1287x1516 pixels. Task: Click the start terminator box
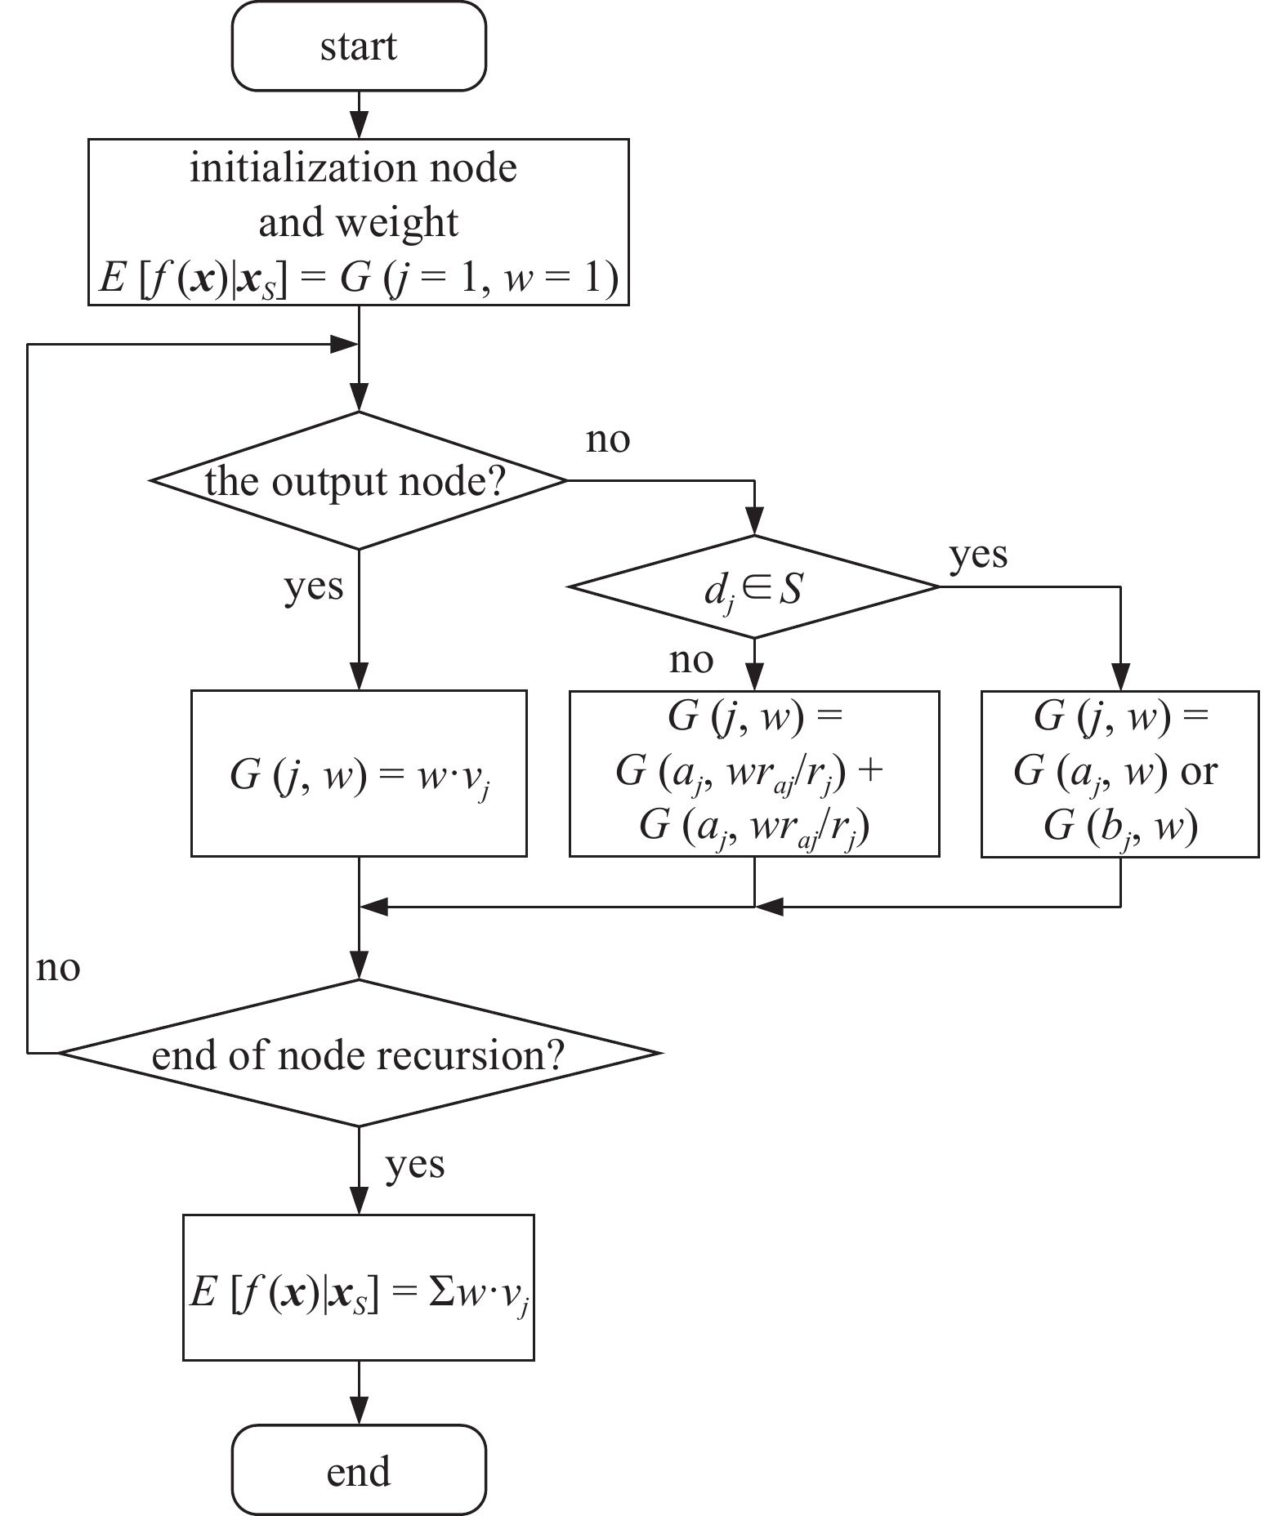(359, 46)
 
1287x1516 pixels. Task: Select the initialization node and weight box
(359, 222)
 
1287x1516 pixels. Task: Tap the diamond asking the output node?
(359, 480)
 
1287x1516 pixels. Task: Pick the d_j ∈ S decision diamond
(754, 587)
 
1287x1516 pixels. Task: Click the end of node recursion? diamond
(359, 1054)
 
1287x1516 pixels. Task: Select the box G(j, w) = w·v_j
(359, 774)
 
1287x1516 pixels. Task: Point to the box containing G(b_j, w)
(1119, 774)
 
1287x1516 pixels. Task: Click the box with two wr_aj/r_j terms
(754, 774)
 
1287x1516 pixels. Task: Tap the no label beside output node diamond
(608, 439)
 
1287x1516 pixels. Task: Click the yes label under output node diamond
(314, 586)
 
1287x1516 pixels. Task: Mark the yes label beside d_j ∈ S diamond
(978, 555)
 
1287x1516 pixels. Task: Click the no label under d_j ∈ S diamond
(691, 660)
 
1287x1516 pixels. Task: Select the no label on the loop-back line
(58, 968)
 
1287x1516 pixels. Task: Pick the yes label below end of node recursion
(415, 1164)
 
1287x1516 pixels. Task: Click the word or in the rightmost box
(1199, 772)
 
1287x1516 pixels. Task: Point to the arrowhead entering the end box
(359, 1411)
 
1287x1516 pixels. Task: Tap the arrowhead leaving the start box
(359, 127)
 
